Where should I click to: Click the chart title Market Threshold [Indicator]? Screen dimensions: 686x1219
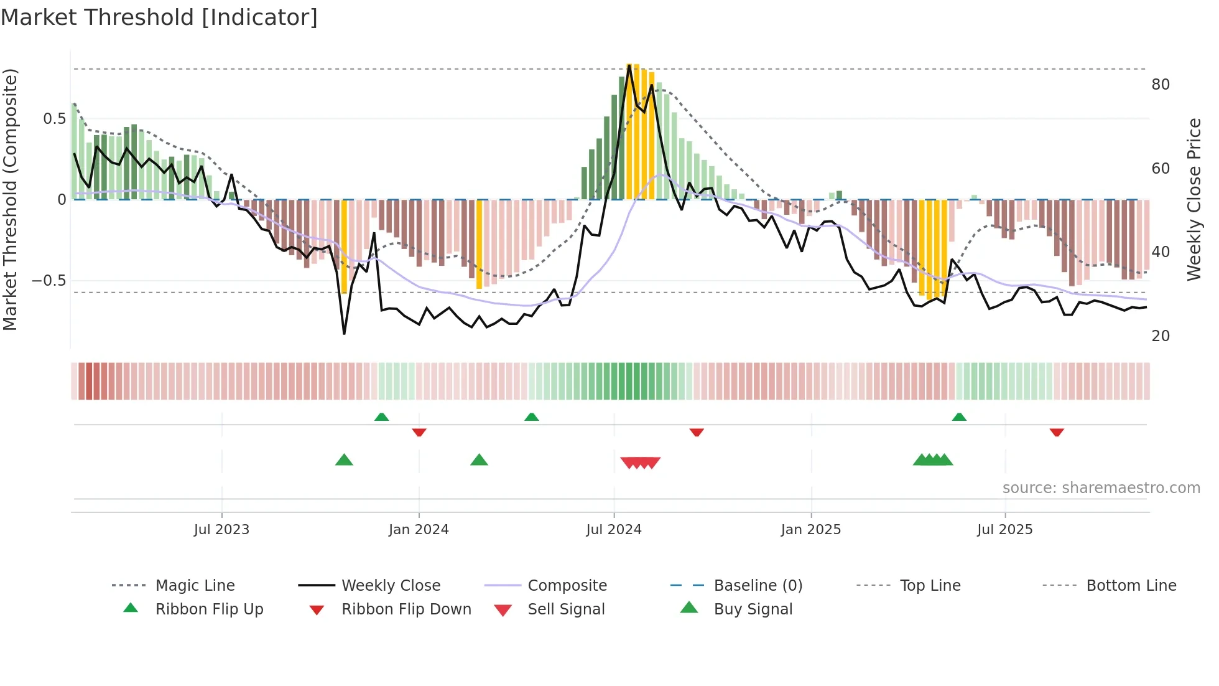[x=159, y=17]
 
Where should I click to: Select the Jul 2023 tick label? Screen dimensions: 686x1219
[x=221, y=530]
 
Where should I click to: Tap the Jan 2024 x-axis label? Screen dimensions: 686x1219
[x=419, y=530]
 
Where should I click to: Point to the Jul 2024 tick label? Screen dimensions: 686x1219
[x=614, y=530]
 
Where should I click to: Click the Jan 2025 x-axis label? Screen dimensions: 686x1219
[x=811, y=530]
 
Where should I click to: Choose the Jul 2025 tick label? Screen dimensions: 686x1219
[x=1005, y=530]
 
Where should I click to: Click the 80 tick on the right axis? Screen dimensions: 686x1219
[x=1161, y=85]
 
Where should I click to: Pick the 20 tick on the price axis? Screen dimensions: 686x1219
[x=1161, y=336]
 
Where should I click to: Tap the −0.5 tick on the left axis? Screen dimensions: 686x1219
[x=49, y=281]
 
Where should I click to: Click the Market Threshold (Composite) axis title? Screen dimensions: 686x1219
[x=10, y=199]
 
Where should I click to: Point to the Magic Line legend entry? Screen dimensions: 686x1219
[x=195, y=586]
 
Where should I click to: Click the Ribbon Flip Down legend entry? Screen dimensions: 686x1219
[x=406, y=609]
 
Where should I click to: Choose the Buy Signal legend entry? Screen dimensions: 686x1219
[x=753, y=609]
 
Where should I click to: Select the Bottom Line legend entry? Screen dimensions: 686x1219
[x=1131, y=586]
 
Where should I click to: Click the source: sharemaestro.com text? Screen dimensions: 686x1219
[x=1101, y=488]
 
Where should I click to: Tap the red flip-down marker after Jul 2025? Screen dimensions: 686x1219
[x=1057, y=432]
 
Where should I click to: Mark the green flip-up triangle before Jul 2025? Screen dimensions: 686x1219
[x=959, y=417]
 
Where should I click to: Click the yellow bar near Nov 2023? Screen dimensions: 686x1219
[x=345, y=246]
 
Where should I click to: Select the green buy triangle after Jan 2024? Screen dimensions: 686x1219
[x=479, y=460]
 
